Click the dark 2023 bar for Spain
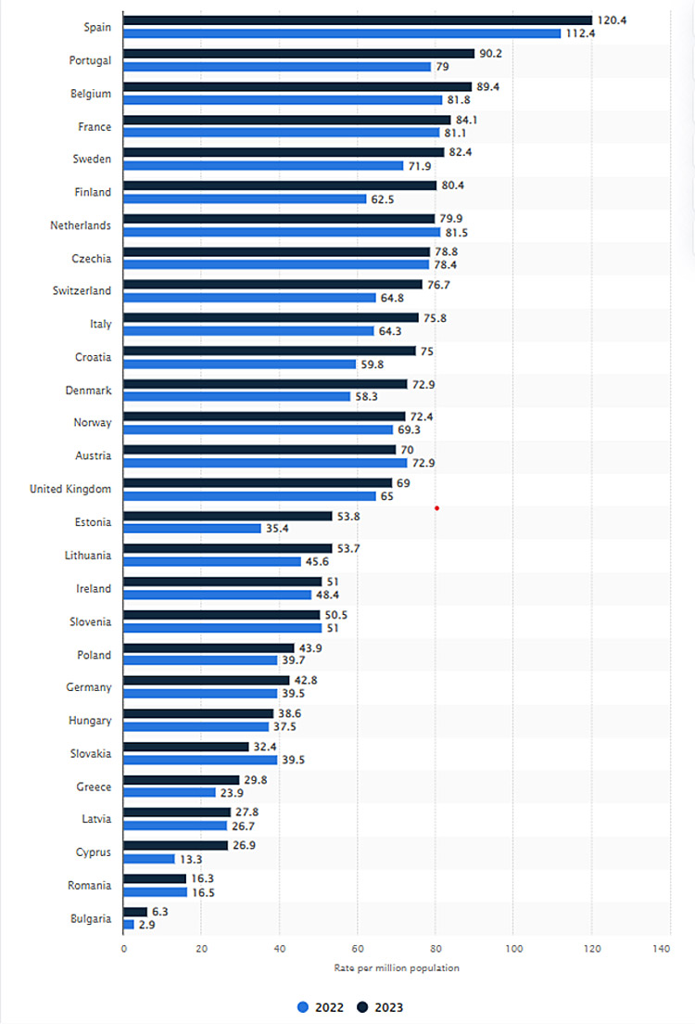[x=357, y=20]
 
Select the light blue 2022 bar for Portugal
[x=277, y=67]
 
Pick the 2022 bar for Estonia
[x=192, y=529]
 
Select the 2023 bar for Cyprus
[x=175, y=846]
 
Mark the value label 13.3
[x=191, y=859]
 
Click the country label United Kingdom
[x=70, y=489]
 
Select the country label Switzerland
[x=81, y=291]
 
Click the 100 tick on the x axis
[x=513, y=949]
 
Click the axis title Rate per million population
[x=397, y=968]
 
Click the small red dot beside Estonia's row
[x=436, y=508]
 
